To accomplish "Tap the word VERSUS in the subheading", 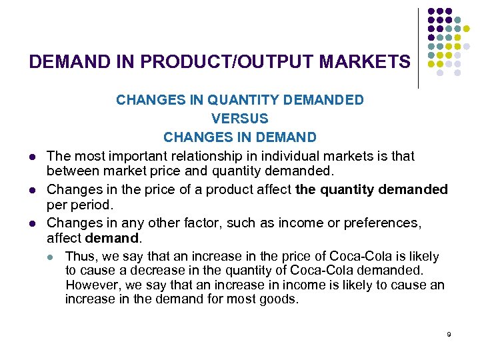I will click(x=240, y=119).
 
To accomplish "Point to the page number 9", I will click(x=449, y=334).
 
